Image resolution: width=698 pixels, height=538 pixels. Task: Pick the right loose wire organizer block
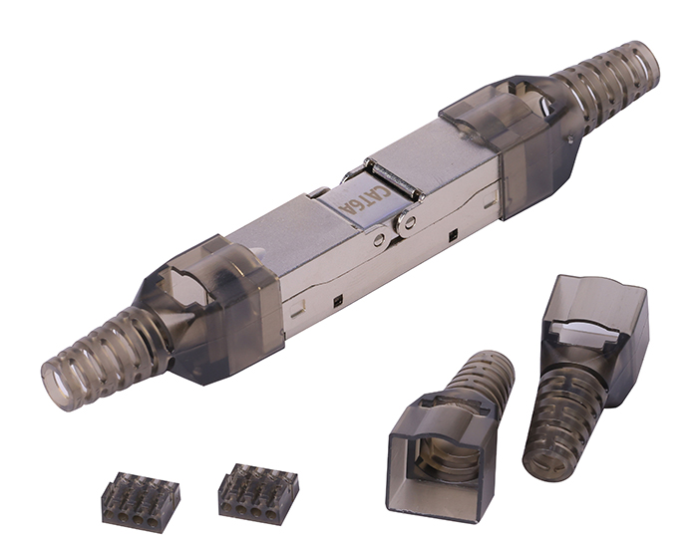pos(258,491)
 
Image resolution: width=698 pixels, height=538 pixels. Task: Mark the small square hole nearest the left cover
pos(338,300)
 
